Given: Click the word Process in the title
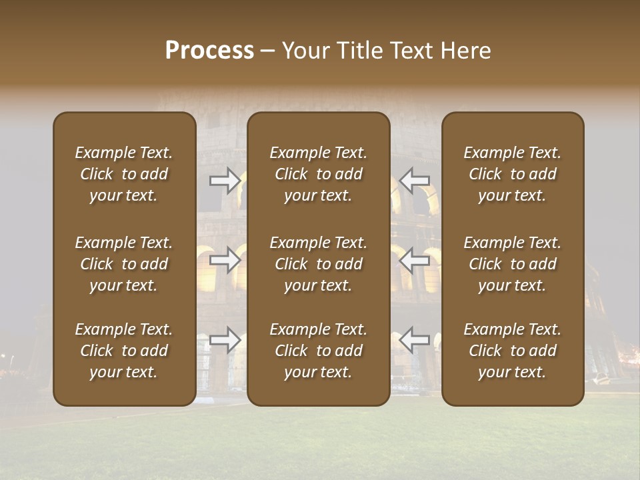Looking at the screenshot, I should pos(209,51).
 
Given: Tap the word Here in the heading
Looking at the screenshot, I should pos(466,51).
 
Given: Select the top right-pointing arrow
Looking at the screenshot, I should pos(225,181).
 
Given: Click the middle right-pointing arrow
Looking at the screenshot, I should pos(225,260).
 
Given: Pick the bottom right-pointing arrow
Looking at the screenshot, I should pos(225,339).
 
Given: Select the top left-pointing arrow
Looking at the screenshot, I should pos(414,181).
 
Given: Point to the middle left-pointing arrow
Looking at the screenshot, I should pos(414,260).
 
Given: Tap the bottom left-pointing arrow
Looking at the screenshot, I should pos(414,339).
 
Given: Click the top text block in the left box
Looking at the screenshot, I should pos(124,174).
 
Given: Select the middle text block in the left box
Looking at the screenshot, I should pos(124,264).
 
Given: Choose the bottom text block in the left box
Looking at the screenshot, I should pos(124,351).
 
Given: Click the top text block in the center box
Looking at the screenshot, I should pos(318,174).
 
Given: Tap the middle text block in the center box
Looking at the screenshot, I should pos(318,264).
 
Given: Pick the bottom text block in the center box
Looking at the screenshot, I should pos(318,351).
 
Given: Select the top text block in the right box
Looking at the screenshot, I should pos(512,174).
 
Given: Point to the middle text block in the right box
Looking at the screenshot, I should pos(512,264).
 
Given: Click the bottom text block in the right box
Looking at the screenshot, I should pos(512,351).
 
